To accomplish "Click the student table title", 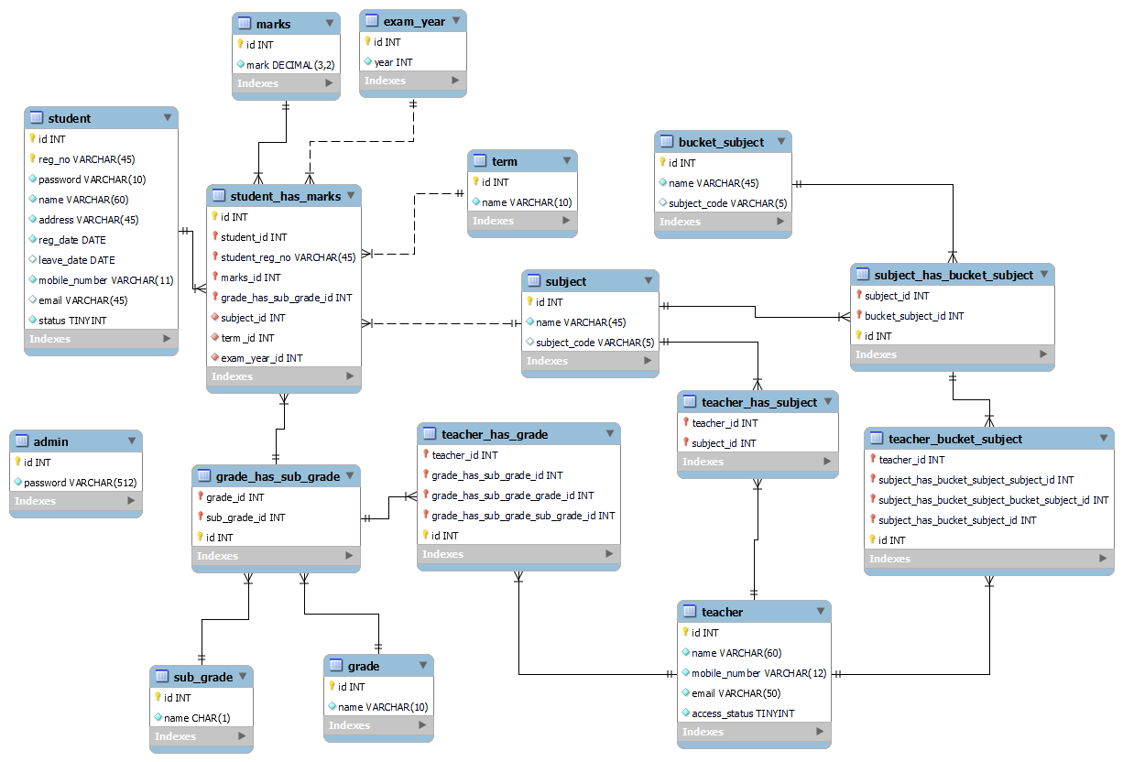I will [70, 118].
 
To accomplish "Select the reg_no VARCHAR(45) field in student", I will [86, 159].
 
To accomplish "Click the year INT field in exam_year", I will [393, 62].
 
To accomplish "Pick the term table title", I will [505, 161].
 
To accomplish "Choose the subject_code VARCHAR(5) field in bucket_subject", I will [727, 203].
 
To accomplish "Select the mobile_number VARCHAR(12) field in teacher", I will [758, 673].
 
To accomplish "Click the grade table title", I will [364, 666].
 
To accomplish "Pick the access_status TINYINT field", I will [743, 713].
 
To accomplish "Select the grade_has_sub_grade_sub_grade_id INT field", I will [523, 516].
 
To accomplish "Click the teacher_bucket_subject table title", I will [955, 439].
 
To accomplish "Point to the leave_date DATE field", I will [77, 260].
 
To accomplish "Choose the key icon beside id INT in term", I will [476, 181].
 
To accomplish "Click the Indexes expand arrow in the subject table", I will [646, 361].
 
